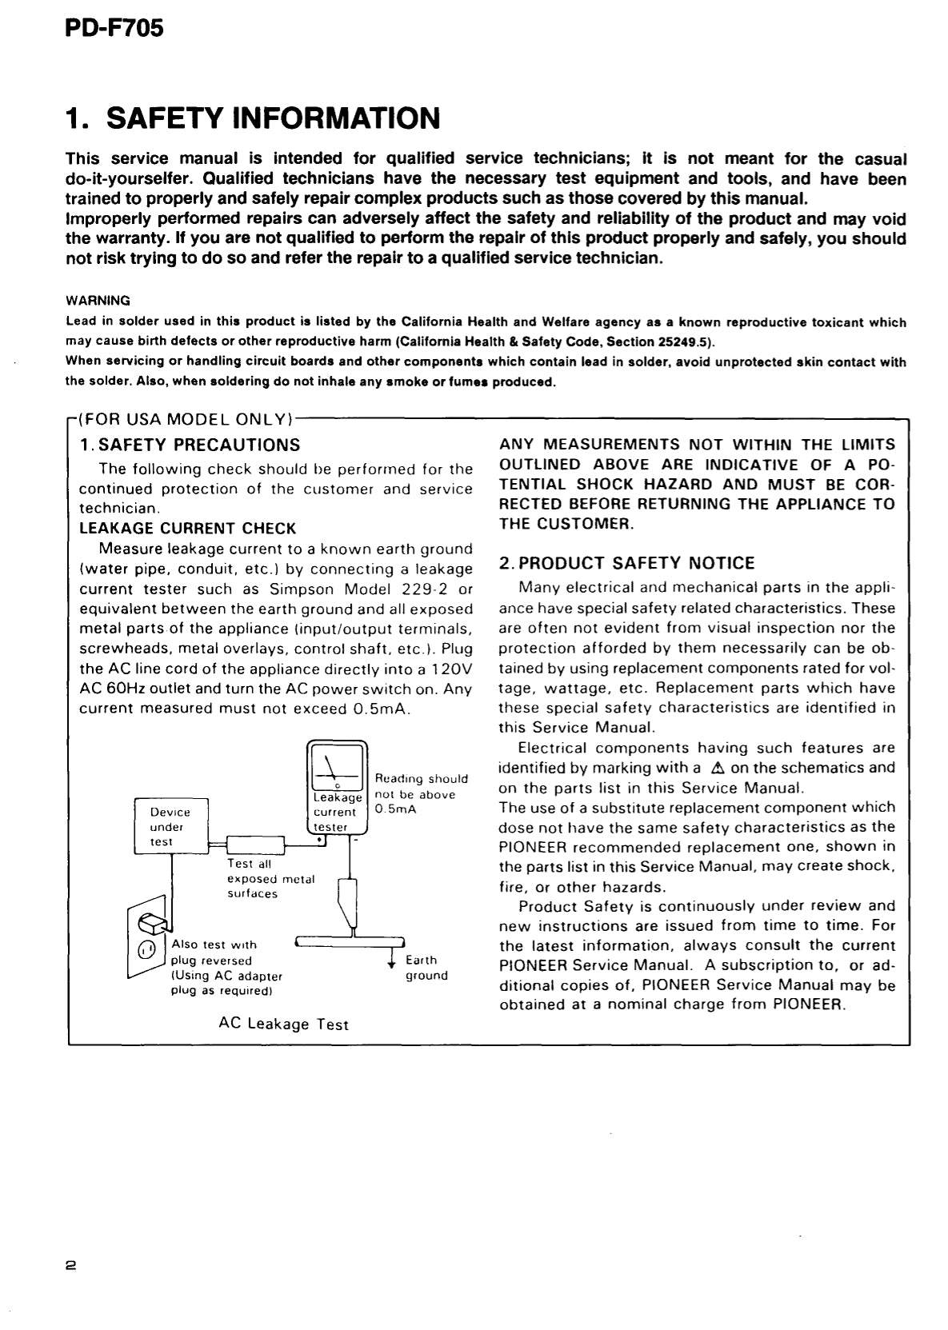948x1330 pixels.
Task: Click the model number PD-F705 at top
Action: (x=114, y=28)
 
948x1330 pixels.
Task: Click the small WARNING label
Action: (x=97, y=302)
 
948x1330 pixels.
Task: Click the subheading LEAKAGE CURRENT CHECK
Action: (x=188, y=529)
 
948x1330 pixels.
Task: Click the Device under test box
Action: (x=170, y=826)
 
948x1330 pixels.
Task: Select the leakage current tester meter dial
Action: (x=336, y=766)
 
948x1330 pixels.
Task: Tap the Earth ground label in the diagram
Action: (x=426, y=968)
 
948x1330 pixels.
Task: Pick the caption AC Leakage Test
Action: (x=283, y=1024)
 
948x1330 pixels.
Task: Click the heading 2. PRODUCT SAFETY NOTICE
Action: (x=626, y=563)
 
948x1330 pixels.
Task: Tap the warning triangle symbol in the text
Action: (x=717, y=769)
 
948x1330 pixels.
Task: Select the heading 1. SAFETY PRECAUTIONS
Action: (x=190, y=445)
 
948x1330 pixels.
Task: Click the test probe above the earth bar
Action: (x=349, y=900)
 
